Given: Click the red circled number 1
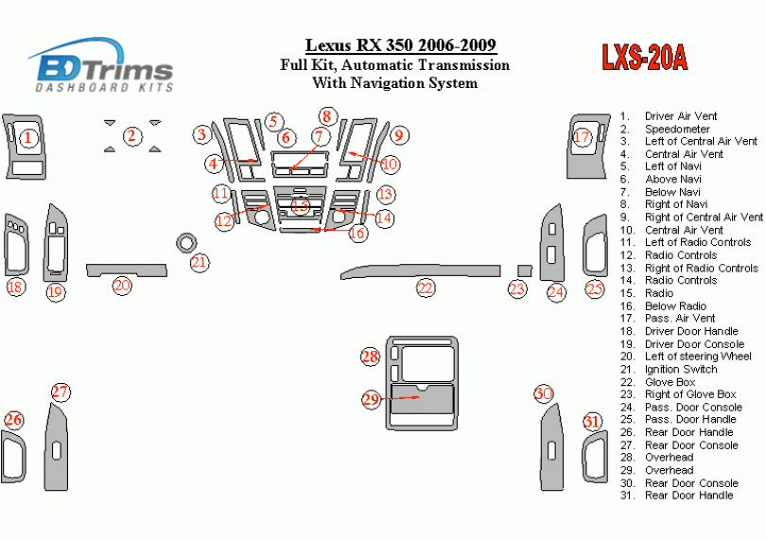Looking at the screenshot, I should tap(28, 138).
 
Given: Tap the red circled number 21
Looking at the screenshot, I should tap(199, 262).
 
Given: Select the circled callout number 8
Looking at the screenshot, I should tap(326, 117).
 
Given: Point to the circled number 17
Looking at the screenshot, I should tap(582, 138).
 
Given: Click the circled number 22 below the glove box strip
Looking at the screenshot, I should tap(426, 287).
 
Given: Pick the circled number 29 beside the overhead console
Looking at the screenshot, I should tap(371, 399).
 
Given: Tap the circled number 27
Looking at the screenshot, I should tap(61, 392).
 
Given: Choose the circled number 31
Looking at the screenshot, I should tap(591, 422).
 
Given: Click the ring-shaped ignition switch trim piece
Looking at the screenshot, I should tap(185, 242).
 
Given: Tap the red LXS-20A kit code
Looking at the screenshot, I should tap(644, 59).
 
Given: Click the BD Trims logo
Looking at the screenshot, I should tap(102, 66).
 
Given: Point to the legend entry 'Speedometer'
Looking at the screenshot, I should tap(676, 129).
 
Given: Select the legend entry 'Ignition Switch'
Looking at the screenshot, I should tap(680, 369).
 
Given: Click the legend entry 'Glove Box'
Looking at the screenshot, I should tap(670, 382).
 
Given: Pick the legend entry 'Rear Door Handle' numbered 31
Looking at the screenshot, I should tap(688, 496).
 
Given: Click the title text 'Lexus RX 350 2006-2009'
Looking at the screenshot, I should tap(400, 45).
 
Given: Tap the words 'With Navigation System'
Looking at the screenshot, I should tap(394, 83).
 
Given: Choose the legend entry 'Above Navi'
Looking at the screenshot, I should tap(672, 179).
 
